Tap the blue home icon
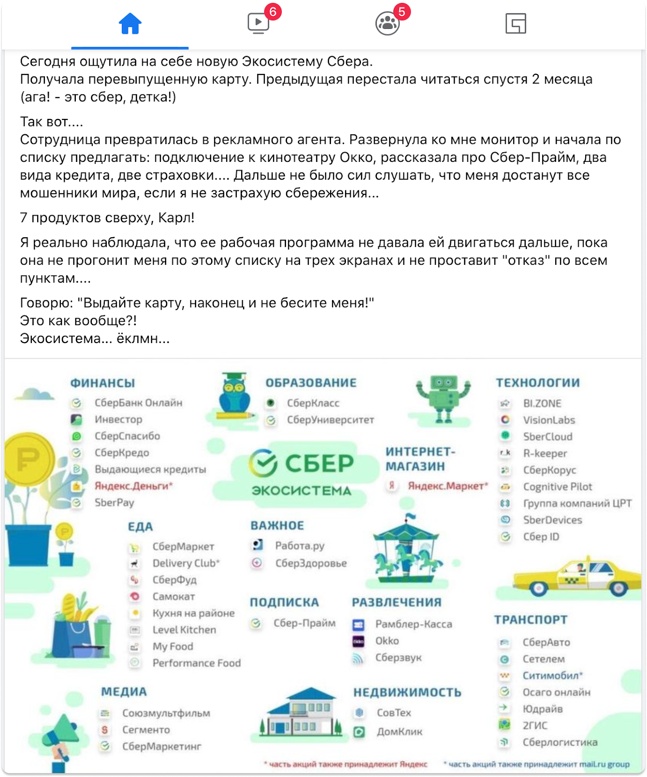130,24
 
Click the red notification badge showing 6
273,12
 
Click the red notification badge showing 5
402,12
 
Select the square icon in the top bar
515,24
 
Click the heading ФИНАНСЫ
102,383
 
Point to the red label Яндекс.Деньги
133,486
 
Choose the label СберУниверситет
331,420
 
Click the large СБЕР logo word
319,463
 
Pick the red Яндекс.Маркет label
447,486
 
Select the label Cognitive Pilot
558,487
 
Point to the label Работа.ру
300,546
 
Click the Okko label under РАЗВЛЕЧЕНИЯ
387,641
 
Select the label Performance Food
196,663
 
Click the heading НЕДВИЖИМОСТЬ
407,692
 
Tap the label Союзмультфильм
166,713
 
